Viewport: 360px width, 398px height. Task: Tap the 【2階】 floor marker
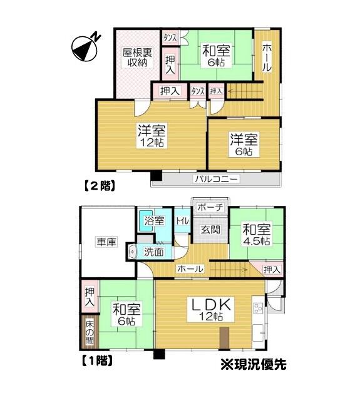click(100, 185)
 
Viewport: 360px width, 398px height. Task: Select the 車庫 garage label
click(106, 242)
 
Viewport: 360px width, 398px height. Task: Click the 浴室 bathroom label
click(154, 221)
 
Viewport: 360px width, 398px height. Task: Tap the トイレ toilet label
click(182, 221)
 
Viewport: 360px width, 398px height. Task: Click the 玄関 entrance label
click(210, 230)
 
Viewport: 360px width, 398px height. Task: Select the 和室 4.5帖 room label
click(256, 234)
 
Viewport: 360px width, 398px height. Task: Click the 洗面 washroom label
click(154, 252)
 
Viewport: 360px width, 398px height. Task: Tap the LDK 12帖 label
click(211, 309)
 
